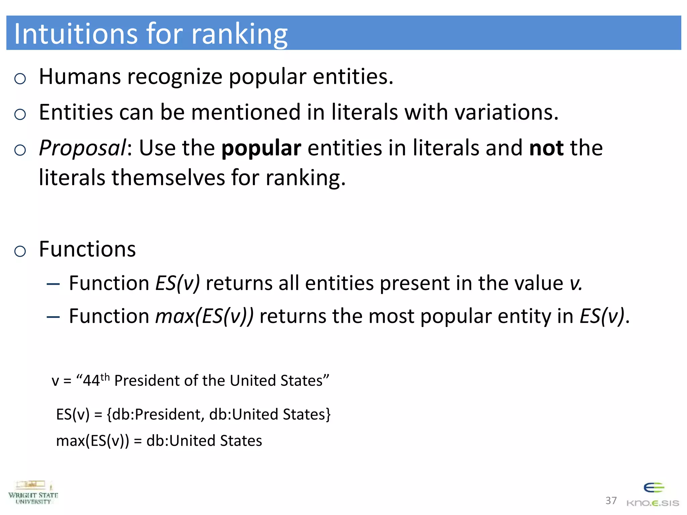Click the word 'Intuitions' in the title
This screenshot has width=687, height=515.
76,34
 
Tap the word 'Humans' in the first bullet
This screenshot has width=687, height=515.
80,76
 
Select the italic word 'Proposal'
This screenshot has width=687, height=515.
83,148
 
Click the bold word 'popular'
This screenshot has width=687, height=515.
261,149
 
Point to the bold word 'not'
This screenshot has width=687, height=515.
546,148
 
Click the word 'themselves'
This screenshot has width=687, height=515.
168,177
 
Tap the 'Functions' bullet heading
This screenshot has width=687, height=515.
87,249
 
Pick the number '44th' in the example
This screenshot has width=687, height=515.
96,380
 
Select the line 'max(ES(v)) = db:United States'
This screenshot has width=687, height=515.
159,441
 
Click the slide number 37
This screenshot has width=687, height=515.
611,501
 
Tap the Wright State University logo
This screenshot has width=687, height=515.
33,493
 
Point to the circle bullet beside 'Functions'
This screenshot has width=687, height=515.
20,251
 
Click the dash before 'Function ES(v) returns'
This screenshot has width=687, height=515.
53,284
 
